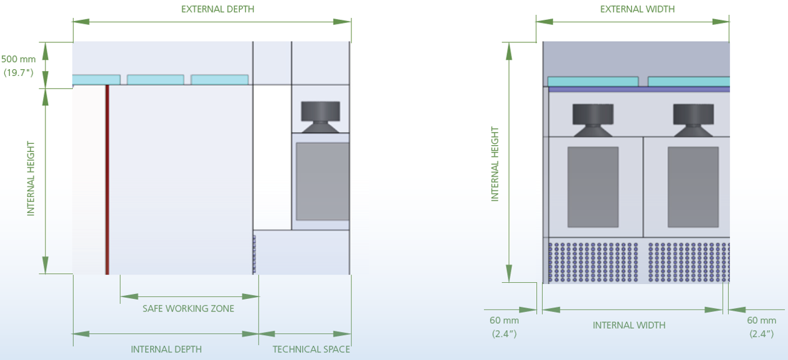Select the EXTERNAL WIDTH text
click(637, 9)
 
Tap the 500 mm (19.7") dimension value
click(19, 65)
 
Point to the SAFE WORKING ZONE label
click(188, 308)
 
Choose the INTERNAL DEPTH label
click(166, 349)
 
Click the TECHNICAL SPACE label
click(311, 349)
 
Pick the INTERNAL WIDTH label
click(629, 325)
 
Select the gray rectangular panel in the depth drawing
click(322, 181)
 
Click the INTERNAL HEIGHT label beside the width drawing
click(495, 164)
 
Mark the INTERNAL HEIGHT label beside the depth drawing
click(31, 179)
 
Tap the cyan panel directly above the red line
click(96, 80)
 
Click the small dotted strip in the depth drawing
click(254, 253)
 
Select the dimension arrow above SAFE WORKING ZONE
click(189, 296)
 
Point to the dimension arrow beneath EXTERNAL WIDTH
click(632, 21)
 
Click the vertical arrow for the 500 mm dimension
click(45, 65)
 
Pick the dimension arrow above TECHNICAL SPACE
click(305, 334)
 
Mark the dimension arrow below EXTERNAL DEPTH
click(212, 21)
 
